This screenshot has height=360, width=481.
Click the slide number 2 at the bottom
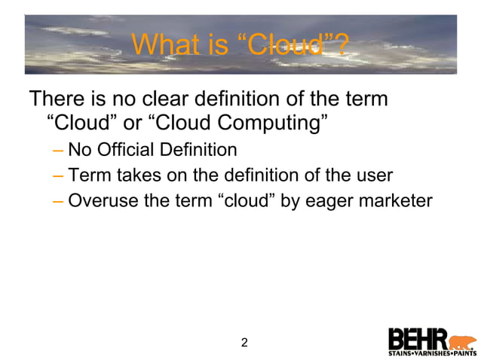point(244,343)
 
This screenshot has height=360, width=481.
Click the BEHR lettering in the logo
point(418,338)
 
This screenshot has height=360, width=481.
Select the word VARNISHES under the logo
point(432,352)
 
